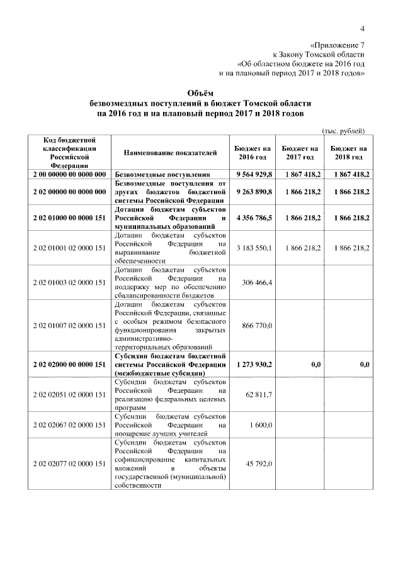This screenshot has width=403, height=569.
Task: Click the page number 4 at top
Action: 363,28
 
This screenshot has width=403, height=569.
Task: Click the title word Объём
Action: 200,92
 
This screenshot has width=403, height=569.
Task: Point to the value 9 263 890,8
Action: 254,192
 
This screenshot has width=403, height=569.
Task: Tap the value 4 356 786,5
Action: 254,217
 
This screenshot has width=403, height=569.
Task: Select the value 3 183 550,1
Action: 254,248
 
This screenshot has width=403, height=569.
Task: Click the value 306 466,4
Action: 257,283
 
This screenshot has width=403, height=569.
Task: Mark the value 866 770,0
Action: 257,325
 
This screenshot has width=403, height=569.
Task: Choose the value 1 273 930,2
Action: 254,365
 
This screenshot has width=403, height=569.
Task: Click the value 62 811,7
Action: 259,394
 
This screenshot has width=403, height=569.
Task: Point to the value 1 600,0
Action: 260,425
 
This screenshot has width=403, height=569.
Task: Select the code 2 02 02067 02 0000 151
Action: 69,425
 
